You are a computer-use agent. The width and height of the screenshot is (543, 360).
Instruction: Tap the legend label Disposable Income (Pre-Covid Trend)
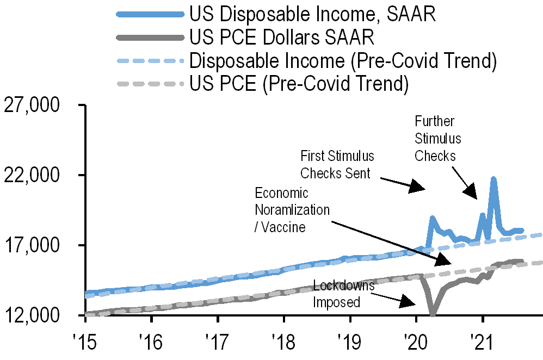343,61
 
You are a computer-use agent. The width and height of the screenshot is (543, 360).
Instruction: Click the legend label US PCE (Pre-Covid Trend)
299,84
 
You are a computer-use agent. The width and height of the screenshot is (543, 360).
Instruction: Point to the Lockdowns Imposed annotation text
343,294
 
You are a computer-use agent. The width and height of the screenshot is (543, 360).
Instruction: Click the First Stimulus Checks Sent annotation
337,165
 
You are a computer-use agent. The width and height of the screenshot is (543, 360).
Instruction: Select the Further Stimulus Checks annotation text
437,138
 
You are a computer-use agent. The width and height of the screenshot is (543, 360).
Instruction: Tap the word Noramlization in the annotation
292,209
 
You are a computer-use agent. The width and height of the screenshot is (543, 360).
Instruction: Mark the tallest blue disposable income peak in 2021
493,178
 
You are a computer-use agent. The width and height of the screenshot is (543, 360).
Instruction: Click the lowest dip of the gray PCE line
433,314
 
